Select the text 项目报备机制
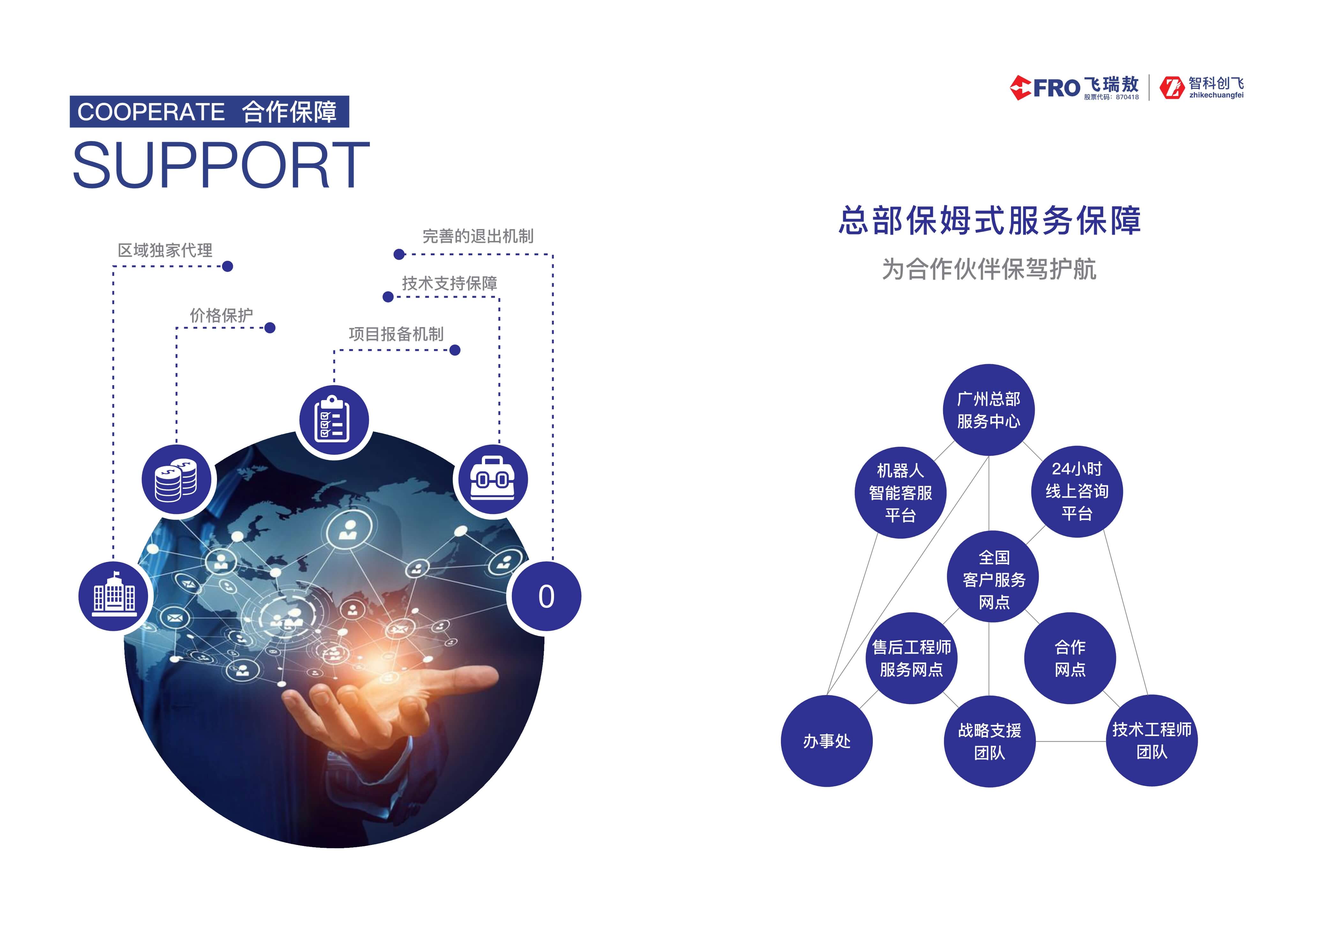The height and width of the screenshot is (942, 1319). [x=396, y=334]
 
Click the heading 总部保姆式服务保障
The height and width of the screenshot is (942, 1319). [x=990, y=221]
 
